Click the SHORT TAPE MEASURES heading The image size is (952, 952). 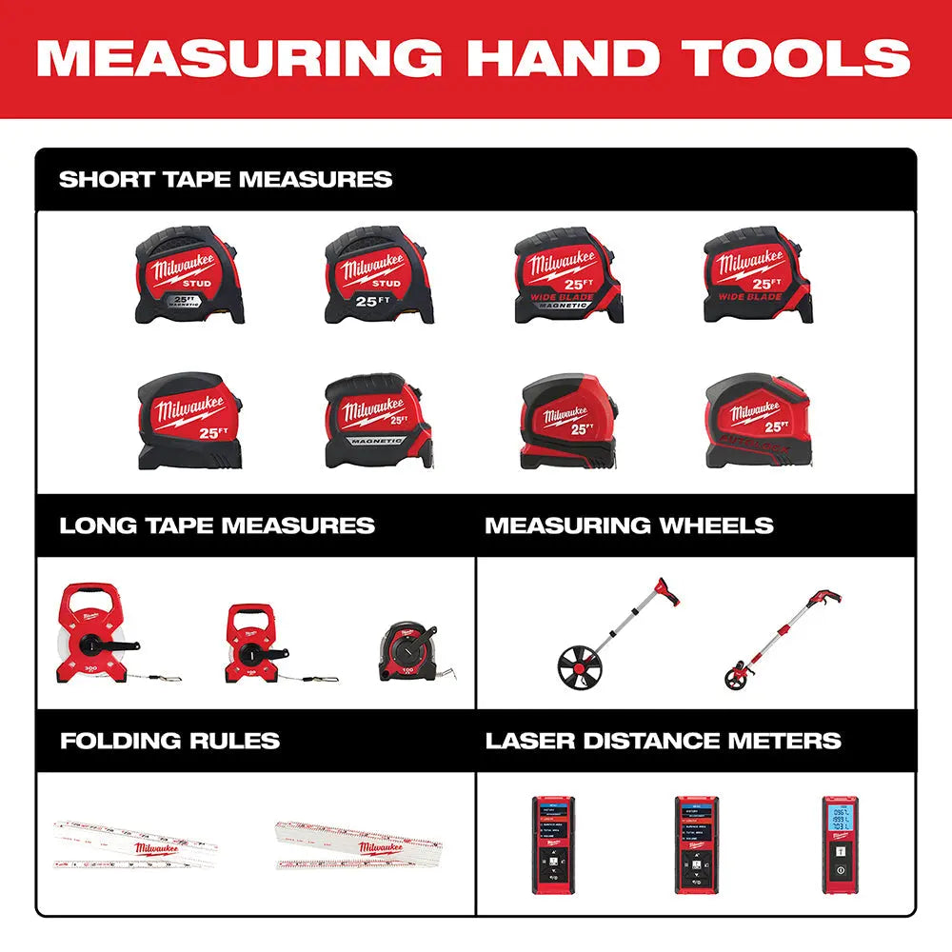pos(226,179)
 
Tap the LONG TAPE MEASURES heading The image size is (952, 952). pos(217,526)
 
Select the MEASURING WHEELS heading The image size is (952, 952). pos(629,526)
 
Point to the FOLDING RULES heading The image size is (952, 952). pos(170,741)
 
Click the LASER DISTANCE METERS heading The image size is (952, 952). pos(664,741)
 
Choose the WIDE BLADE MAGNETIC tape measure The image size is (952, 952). pos(567,275)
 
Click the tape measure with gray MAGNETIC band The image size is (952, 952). pos(378,420)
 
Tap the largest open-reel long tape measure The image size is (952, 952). pos(89,634)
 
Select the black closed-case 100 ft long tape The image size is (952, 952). pos(410,651)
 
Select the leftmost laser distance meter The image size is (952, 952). pos(553,843)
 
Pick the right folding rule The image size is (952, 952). pos(359,843)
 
